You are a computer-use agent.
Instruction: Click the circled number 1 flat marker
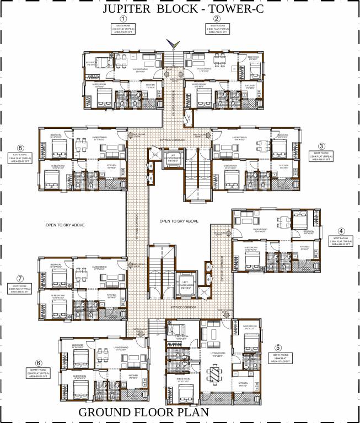coord(123,19)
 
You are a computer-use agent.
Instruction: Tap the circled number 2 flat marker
coord(217,19)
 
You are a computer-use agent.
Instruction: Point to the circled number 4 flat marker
coord(341,231)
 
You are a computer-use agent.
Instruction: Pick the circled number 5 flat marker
coord(278,348)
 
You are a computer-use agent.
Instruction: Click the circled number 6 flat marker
coord(38,362)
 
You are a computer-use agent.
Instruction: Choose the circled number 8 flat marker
coord(20,148)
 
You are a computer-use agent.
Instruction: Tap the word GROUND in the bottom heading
coord(106,413)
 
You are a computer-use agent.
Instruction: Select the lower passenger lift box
coord(186,284)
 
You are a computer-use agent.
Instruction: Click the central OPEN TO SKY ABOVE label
coord(179,220)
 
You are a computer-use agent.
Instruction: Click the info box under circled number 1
coord(123,30)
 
